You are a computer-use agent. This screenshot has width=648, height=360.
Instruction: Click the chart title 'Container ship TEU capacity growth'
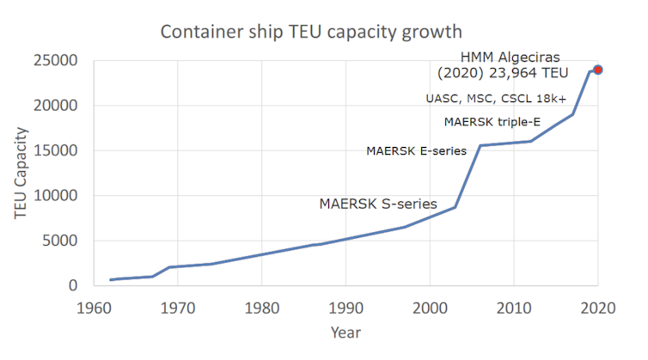[x=311, y=33]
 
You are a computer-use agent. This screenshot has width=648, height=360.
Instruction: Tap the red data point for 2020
[x=597, y=70]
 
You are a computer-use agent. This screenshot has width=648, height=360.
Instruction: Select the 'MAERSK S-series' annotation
[x=378, y=204]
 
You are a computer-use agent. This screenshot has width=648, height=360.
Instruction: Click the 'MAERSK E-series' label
[x=416, y=151]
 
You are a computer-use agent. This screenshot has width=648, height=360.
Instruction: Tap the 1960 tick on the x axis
[x=95, y=305]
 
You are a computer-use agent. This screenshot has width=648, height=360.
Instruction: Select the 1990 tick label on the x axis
[x=345, y=305]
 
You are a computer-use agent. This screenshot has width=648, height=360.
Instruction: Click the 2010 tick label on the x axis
[x=513, y=305]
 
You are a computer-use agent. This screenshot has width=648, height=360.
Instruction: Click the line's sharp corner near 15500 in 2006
[x=480, y=146]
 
